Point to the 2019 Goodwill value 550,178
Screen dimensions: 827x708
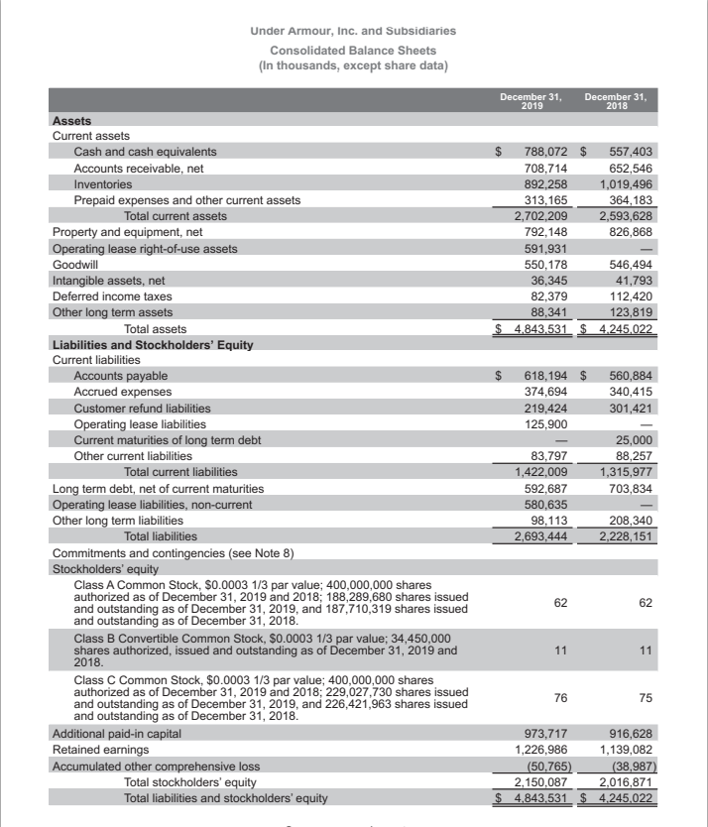[x=545, y=264]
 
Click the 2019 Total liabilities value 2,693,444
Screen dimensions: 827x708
[x=540, y=535]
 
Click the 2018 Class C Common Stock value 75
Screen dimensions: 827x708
[x=646, y=697]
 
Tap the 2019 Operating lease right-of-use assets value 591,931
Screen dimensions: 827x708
[x=545, y=248]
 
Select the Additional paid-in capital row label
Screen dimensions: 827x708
[x=116, y=733]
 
